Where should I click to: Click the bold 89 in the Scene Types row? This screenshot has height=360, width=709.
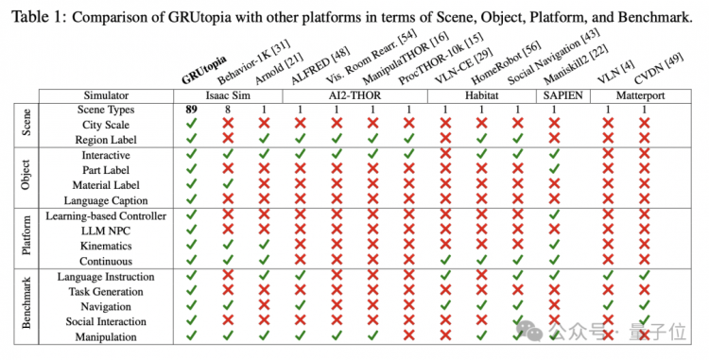click(x=192, y=110)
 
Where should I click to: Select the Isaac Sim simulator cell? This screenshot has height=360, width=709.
click(x=229, y=95)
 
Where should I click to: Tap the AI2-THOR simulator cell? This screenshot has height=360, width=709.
click(x=354, y=95)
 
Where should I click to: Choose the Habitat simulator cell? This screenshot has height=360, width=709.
click(x=481, y=95)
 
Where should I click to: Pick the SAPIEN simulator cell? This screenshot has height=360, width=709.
click(x=563, y=95)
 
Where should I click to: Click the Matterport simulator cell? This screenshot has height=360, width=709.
click(x=640, y=95)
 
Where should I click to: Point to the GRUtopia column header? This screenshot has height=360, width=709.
click(x=204, y=71)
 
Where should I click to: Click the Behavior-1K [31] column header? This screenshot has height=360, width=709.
click(x=253, y=62)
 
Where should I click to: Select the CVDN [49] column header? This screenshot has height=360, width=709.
click(x=659, y=69)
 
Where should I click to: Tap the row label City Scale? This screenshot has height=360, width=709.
click(x=106, y=125)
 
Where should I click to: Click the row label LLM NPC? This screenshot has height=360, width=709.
click(x=105, y=231)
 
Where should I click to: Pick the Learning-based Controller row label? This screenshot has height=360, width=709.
click(x=106, y=216)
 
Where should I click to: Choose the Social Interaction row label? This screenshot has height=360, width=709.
click(x=106, y=321)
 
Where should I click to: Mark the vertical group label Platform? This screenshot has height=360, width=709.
click(x=26, y=238)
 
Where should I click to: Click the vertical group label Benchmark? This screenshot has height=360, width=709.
click(x=26, y=306)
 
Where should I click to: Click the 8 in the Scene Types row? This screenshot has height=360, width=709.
click(x=228, y=110)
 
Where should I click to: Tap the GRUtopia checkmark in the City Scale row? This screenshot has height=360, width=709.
click(x=192, y=124)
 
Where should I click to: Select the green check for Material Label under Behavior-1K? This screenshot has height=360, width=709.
click(x=228, y=184)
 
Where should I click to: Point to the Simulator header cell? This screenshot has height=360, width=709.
click(x=106, y=95)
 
